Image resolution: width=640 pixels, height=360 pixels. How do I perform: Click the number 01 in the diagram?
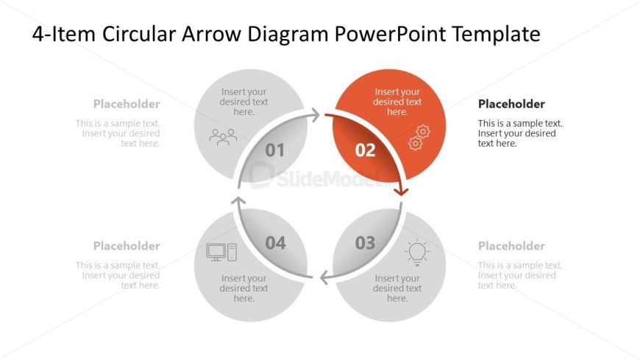coord(274,150)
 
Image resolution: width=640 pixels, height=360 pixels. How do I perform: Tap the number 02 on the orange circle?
coord(365,150)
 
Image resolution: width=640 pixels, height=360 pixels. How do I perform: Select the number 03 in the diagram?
coord(365,243)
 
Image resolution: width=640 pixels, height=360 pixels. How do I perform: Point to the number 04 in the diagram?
coord(275,243)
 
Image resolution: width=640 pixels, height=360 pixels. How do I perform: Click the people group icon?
coord(223,137)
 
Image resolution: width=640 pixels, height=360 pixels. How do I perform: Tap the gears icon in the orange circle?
coord(419,137)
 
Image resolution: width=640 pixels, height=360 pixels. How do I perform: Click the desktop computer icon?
coord(221,253)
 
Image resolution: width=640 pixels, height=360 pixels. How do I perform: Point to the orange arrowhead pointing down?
coord(401,191)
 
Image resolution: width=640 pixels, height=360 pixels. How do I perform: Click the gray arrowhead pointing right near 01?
coord(315,115)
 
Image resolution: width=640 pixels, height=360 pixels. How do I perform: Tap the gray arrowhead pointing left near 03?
coord(324,278)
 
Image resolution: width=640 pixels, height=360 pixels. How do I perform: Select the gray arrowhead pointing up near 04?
coord(238,201)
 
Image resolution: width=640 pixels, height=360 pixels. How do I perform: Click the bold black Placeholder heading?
coord(511,105)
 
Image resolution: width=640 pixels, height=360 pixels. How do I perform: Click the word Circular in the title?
coord(139,34)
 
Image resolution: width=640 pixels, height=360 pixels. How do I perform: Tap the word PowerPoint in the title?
coord(390,34)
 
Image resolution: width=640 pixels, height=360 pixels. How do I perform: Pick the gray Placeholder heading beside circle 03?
coord(511,246)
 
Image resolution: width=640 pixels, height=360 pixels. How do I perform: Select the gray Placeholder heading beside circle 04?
coord(127,246)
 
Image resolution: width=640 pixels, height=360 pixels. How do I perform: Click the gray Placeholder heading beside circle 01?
coord(127,105)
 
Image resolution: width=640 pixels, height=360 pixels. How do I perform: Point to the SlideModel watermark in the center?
coord(319,176)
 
